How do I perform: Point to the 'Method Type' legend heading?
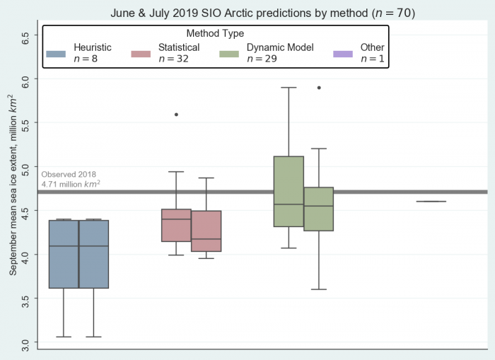coord(215,33)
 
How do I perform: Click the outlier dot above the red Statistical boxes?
coord(176,114)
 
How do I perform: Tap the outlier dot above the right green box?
coord(319,88)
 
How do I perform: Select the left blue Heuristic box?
coord(64,254)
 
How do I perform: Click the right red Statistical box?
coord(206,231)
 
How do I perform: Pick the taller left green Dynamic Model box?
coord(289,191)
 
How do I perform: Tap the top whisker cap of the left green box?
coord(289,88)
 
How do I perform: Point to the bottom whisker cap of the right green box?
coord(319,289)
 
